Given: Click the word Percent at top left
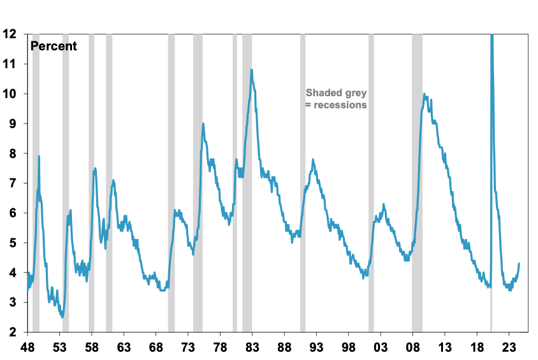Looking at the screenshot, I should pos(54,46).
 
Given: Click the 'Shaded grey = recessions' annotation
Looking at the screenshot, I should pos(336,99).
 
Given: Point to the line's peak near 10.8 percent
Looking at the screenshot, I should pos(252,70).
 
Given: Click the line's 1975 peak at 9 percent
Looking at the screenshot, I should pos(203,124).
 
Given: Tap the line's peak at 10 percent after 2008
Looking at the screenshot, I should pos(425,94).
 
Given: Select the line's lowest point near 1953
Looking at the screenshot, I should pos(62,317).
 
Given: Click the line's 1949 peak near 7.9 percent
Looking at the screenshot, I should pos(39,156).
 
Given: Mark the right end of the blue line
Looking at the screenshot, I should pos(519,263).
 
